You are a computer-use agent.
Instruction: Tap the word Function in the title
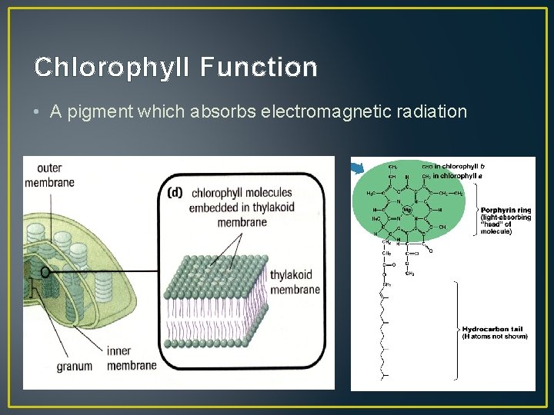point(259,67)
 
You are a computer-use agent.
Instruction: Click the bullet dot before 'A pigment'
point(38,112)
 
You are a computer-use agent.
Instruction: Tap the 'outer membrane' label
point(49,174)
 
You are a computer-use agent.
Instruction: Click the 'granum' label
point(74,367)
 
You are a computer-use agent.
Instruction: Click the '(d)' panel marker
point(175,193)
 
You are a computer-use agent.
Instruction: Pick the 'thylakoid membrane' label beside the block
point(295,282)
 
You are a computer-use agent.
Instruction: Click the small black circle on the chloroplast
point(45,271)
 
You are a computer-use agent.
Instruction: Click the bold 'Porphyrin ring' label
point(506,210)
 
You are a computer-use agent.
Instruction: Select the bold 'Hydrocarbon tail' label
point(493,328)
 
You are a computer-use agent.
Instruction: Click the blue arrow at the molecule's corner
point(356,167)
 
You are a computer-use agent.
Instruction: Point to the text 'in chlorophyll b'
point(459,166)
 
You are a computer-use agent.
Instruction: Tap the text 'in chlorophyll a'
point(459,176)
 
